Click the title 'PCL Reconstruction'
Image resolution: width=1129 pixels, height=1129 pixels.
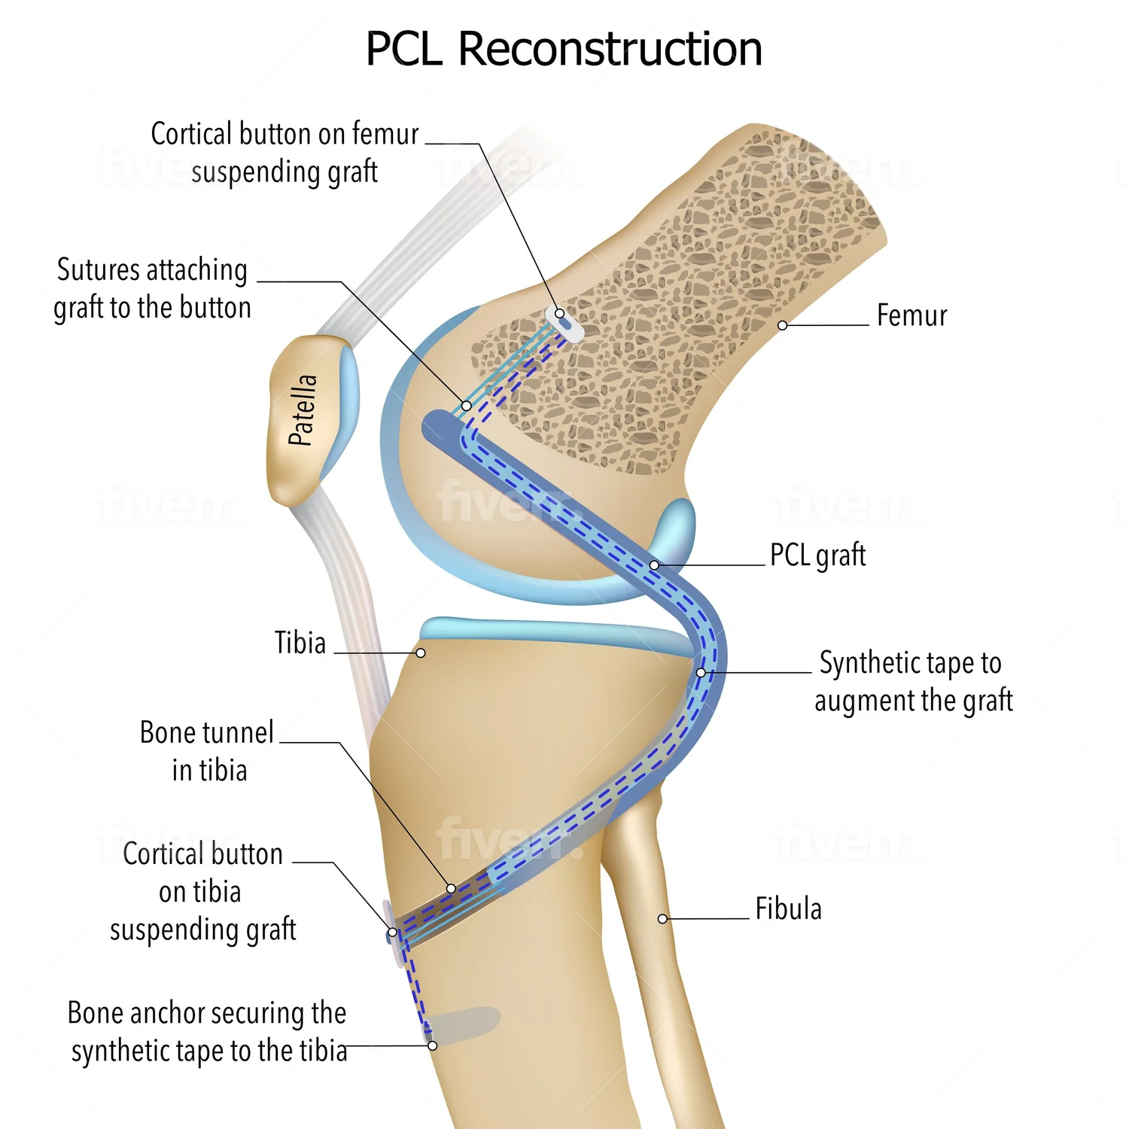coord(564,49)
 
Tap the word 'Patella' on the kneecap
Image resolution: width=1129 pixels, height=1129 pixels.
coord(303,410)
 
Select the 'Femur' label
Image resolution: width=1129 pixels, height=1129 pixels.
coord(911,315)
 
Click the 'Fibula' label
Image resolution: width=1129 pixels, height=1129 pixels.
coord(788,908)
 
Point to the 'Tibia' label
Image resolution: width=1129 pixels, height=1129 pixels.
coord(300,643)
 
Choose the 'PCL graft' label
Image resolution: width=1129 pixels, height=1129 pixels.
coord(817,555)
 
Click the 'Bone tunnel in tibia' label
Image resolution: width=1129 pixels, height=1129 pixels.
coord(207,751)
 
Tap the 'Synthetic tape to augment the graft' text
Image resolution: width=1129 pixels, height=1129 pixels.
coord(913,682)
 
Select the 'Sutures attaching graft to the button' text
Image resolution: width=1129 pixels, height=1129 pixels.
coord(152,289)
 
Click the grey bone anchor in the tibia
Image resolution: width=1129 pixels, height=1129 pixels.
coord(463,1024)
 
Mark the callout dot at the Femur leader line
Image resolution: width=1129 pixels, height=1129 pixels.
coord(783,325)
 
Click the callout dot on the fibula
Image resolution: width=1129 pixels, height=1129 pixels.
coord(662,919)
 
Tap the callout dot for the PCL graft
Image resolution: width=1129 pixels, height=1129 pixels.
coord(654,564)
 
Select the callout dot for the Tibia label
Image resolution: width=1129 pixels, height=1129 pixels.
coord(421,653)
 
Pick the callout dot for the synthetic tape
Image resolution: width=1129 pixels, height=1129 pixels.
coord(701,672)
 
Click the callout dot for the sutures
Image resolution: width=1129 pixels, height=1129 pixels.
coord(467,406)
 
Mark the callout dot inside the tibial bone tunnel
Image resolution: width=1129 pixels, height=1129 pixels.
coord(451,888)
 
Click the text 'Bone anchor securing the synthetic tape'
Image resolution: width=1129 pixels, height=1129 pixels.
coord(208,1032)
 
